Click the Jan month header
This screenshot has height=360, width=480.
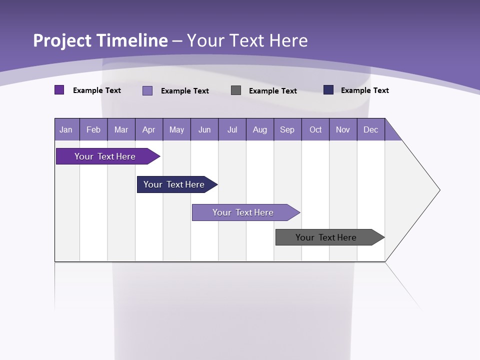(x=66, y=129)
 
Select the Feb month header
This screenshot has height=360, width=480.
(x=93, y=129)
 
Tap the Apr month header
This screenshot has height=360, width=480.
(x=148, y=129)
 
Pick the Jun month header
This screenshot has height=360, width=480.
(x=204, y=129)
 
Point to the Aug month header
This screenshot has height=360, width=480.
(x=259, y=129)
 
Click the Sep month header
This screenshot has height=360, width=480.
(x=287, y=129)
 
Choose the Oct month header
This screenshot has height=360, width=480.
(x=315, y=129)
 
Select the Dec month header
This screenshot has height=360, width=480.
(x=370, y=129)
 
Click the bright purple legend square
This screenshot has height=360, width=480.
(x=59, y=90)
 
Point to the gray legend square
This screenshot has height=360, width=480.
(x=236, y=90)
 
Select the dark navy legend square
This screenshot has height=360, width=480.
(x=328, y=90)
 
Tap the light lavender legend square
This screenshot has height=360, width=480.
(x=147, y=90)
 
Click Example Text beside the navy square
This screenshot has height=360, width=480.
(x=364, y=90)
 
